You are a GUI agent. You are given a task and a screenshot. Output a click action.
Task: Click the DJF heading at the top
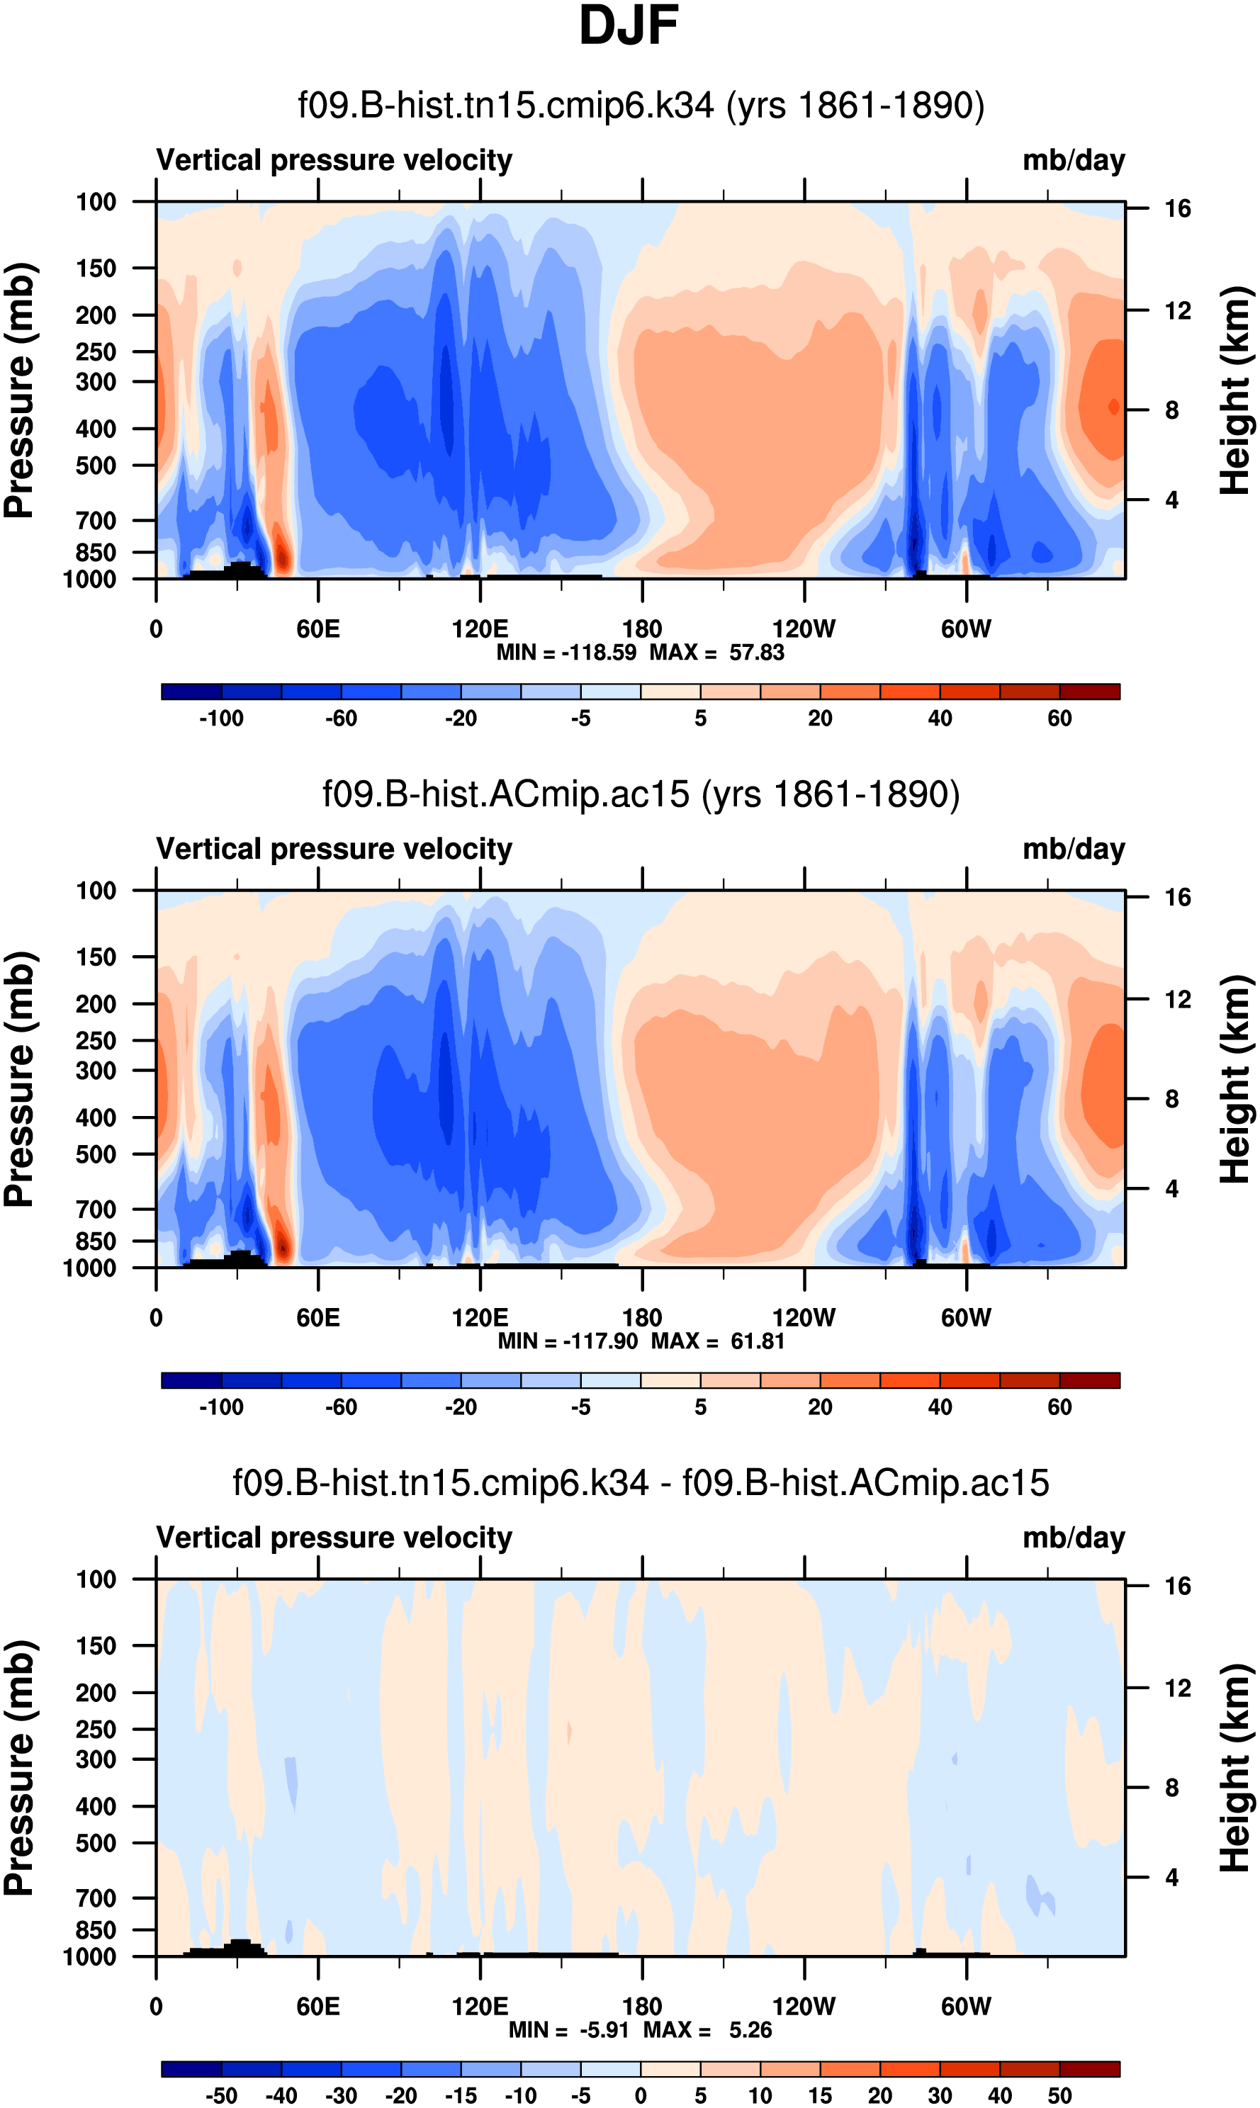629,26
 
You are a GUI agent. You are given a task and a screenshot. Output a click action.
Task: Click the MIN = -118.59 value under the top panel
566,653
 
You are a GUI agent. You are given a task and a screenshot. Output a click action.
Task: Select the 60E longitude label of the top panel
317,629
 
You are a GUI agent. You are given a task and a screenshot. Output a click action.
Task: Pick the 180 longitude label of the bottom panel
642,2006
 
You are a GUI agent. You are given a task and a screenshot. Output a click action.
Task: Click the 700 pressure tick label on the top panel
95,520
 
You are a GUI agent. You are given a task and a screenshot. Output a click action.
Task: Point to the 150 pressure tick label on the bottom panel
95,1645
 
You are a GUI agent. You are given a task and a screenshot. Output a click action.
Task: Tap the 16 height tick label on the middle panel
1177,897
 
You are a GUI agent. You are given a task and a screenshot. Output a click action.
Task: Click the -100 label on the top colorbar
221,718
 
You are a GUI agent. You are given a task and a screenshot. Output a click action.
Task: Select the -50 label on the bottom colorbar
221,2095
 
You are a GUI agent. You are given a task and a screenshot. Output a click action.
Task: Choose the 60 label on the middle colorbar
1059,1407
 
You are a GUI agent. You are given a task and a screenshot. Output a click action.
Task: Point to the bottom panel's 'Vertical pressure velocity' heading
334,1538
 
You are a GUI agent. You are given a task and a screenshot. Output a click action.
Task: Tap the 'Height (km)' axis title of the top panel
1235,390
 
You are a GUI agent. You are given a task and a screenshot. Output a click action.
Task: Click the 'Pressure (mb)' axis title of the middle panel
18,1079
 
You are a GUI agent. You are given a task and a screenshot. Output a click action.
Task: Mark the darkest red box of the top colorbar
1089,692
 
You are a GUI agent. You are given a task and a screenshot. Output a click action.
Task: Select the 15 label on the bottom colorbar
819,2095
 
